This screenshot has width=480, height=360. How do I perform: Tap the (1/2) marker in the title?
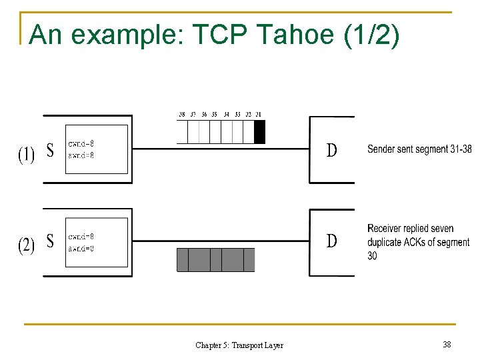click(x=372, y=35)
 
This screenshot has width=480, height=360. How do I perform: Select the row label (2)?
click(x=26, y=245)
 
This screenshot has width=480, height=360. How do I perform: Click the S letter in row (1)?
click(x=50, y=151)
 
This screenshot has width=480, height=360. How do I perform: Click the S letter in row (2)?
click(x=50, y=241)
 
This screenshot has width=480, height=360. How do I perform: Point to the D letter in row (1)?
click(x=331, y=151)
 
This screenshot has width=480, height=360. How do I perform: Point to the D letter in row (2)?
click(x=331, y=241)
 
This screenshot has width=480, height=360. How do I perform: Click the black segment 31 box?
click(x=260, y=132)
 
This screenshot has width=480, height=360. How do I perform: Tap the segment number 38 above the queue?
click(x=182, y=114)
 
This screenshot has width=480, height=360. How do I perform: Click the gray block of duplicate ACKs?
click(x=215, y=259)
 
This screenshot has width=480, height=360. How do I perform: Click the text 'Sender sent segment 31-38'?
click(x=419, y=149)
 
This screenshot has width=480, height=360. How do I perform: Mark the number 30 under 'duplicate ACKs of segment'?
click(x=372, y=256)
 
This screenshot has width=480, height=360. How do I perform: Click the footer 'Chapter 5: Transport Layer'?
click(x=239, y=345)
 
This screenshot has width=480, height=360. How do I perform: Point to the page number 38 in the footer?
click(x=447, y=345)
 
